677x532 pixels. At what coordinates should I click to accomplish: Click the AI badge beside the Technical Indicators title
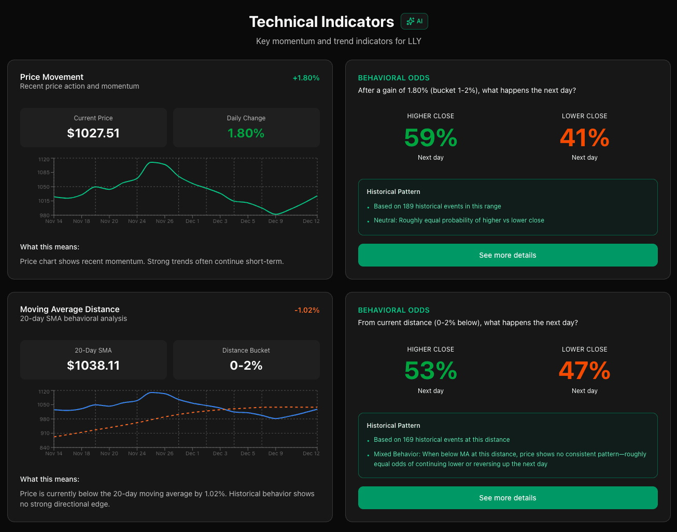[x=414, y=21]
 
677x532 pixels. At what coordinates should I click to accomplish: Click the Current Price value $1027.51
[x=93, y=133]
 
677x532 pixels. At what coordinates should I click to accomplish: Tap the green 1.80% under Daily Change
[x=246, y=133]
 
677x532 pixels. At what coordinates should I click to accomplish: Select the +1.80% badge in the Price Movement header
[x=306, y=78]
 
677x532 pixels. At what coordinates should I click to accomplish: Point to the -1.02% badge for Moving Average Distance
[x=307, y=310]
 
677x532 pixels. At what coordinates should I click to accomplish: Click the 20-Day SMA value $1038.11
[x=93, y=366]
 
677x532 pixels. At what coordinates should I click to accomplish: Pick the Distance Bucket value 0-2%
[x=246, y=366]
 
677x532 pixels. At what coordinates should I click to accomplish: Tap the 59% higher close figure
[x=430, y=138]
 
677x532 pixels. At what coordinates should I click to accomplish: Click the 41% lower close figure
[x=584, y=138]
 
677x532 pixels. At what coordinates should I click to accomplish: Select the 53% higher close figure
[x=430, y=371]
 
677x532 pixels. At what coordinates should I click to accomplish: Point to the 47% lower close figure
[x=584, y=371]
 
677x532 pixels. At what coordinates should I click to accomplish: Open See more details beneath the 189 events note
[x=507, y=255]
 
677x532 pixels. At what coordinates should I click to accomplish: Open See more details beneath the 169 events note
[x=507, y=498]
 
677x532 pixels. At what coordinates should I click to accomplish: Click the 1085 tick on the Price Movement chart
[x=44, y=173]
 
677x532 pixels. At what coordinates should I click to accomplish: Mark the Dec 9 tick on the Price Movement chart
[x=275, y=221]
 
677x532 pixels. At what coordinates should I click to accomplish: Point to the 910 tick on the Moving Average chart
[x=45, y=433]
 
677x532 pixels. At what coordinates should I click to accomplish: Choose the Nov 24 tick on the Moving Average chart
[x=137, y=454]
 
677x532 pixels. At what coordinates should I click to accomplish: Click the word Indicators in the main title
[x=358, y=22]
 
